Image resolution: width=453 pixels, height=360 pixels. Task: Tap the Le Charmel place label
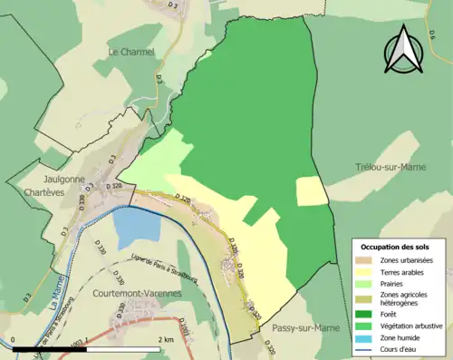point(131,53)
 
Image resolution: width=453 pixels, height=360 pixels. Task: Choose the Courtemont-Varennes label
point(137,294)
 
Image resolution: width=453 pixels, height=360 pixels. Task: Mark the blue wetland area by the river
point(133,226)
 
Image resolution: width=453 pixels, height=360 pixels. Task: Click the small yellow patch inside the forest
point(311,190)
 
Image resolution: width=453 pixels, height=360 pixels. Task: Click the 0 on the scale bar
point(14,339)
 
